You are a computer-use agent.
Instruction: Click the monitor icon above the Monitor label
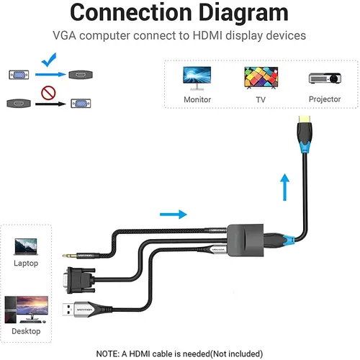click(x=197, y=77)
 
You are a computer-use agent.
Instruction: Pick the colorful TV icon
click(x=261, y=77)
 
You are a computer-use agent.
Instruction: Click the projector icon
click(x=324, y=78)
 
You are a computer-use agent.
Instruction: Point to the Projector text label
click(x=324, y=99)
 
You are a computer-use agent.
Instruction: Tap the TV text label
click(x=261, y=99)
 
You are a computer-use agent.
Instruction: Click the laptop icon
click(x=25, y=246)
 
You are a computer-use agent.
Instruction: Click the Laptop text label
click(x=25, y=264)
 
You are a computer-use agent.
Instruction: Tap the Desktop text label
click(x=25, y=330)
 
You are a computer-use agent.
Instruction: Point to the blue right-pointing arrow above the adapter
click(x=172, y=214)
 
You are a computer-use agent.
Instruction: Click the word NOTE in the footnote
click(x=111, y=353)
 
